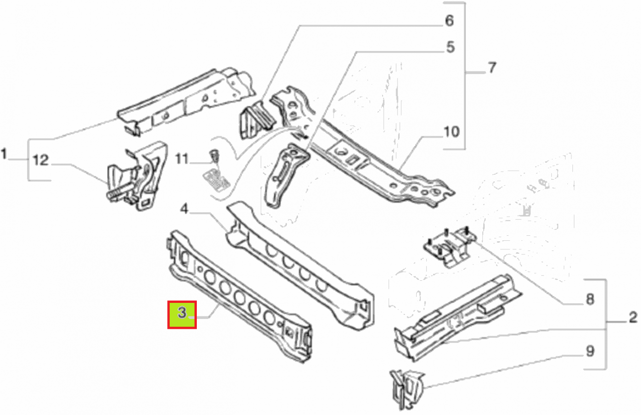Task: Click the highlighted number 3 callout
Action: [182, 314]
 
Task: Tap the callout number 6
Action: [449, 21]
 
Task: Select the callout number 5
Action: [450, 47]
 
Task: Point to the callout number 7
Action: [492, 68]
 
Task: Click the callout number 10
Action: [452, 132]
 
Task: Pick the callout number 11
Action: [182, 159]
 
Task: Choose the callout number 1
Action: [4, 154]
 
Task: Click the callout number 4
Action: [184, 209]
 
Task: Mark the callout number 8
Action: [590, 299]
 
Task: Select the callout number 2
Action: [633, 317]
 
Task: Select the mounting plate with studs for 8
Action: [450, 246]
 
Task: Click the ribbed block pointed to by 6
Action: [257, 120]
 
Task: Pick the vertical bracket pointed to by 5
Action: [286, 175]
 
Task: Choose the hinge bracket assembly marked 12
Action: [137, 176]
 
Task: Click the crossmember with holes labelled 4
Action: [300, 266]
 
